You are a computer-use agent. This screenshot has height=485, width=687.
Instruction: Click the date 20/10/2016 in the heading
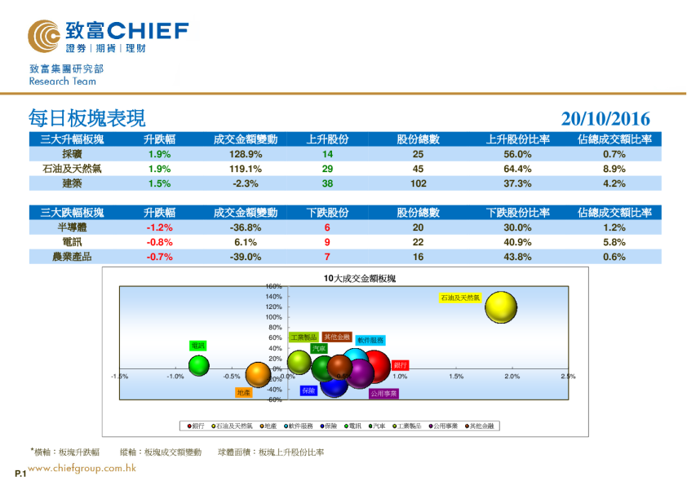point(605,119)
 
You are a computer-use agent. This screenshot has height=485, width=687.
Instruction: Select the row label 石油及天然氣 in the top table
point(72,169)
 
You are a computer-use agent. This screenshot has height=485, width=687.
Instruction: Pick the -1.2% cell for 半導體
point(159,228)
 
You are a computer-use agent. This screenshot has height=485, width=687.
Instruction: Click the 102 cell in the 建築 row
point(418,183)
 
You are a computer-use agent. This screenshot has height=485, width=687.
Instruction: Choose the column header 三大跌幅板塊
point(72,213)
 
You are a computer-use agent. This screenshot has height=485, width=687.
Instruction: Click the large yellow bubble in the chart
point(501,307)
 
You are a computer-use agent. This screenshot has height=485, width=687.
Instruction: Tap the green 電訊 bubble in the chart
point(199,366)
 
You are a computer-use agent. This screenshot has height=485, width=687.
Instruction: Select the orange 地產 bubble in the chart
point(258,374)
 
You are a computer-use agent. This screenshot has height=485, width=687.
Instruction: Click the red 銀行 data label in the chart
point(400,364)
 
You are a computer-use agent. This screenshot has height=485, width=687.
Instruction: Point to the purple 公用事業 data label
point(383,393)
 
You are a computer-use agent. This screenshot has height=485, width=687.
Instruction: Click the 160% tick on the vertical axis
point(273,287)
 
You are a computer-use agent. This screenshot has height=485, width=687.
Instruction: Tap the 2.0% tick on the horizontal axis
point(512,377)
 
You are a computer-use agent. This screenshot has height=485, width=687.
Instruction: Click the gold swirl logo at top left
point(43,36)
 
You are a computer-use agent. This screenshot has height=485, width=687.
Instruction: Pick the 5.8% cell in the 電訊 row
point(614,242)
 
